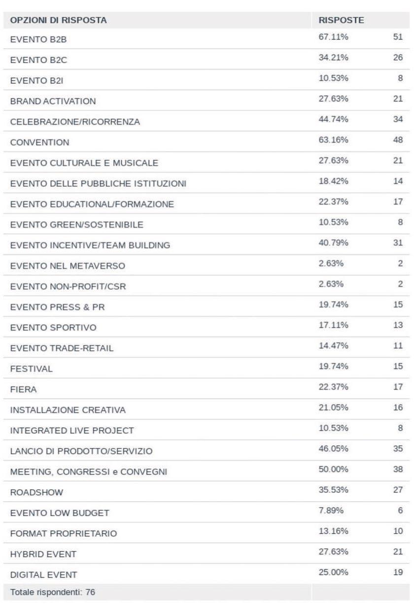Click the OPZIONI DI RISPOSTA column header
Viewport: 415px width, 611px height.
tap(58, 20)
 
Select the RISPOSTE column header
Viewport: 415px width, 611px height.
tap(341, 20)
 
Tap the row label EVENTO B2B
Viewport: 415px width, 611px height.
tap(38, 40)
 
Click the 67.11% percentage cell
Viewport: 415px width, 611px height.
tap(333, 37)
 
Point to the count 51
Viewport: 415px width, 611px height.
tap(398, 37)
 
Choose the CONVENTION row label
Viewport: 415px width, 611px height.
tap(40, 143)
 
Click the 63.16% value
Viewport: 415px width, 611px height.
tap(333, 140)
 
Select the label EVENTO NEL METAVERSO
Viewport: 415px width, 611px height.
tap(68, 266)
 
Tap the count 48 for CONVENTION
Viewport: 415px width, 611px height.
tap(398, 140)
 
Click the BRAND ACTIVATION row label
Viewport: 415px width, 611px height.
tap(53, 102)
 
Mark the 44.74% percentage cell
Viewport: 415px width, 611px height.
tap(333, 119)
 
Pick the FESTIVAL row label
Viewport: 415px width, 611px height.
tap(31, 369)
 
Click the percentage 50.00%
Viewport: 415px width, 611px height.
tap(333, 469)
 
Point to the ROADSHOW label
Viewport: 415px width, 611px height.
tap(36, 492)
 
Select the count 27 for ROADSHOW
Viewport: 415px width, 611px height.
tap(398, 490)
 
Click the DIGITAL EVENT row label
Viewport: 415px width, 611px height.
tap(43, 575)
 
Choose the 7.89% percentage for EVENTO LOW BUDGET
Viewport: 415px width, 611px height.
tap(331, 510)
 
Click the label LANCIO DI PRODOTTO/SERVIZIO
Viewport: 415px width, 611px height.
tap(81, 451)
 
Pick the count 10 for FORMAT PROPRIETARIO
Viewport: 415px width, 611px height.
tap(398, 531)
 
